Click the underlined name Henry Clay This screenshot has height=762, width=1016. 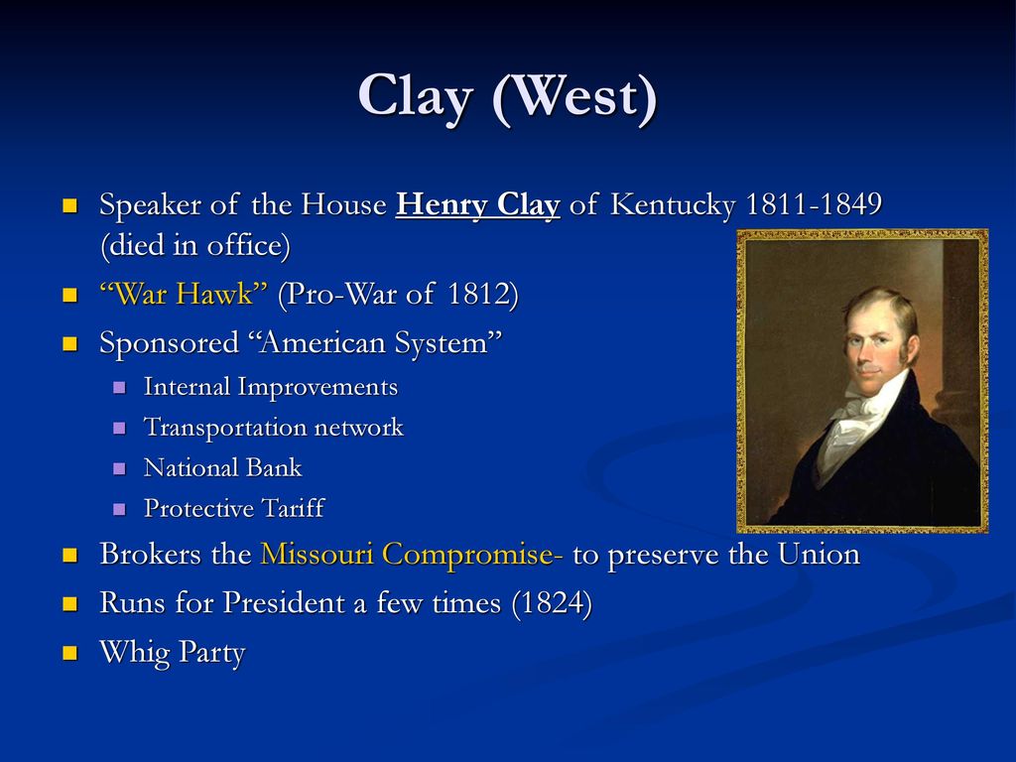[x=477, y=204]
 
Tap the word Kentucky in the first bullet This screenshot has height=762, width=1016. [x=673, y=205]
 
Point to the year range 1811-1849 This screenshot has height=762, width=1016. [x=814, y=204]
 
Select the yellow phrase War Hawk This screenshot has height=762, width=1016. [x=184, y=294]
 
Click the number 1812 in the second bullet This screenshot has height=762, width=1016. [x=478, y=294]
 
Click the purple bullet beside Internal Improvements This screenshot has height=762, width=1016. [x=119, y=388]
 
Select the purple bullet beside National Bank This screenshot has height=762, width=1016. [x=119, y=468]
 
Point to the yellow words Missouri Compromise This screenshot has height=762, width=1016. [x=412, y=555]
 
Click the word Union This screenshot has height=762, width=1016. [x=819, y=554]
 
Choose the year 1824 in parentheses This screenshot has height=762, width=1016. [x=552, y=602]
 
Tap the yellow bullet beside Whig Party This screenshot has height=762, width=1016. [x=70, y=653]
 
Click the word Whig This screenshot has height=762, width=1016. [x=134, y=653]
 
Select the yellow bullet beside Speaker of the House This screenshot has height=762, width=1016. [x=70, y=206]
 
